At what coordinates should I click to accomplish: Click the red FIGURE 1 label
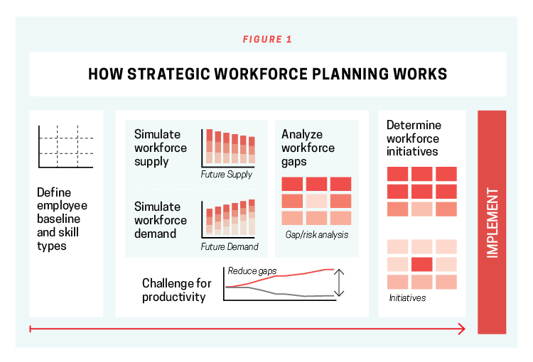267,39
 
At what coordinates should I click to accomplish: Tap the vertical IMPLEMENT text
492,223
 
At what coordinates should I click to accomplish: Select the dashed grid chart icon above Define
65,147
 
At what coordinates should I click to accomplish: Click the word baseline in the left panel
58,219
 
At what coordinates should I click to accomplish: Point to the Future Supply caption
226,174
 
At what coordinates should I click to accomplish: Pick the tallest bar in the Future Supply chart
210,146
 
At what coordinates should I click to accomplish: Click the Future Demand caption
230,246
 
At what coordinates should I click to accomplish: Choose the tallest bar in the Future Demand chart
252,217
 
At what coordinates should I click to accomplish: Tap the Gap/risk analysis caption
317,235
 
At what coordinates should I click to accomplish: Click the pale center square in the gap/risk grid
316,201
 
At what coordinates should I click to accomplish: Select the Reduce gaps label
252,271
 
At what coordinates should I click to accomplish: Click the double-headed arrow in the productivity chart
339,283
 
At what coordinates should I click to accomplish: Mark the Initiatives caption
407,298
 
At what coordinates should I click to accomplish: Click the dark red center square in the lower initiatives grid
422,264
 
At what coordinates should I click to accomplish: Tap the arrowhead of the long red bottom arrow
462,329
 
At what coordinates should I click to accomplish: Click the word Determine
414,125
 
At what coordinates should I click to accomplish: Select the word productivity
173,297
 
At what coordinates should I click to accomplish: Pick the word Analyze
302,135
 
